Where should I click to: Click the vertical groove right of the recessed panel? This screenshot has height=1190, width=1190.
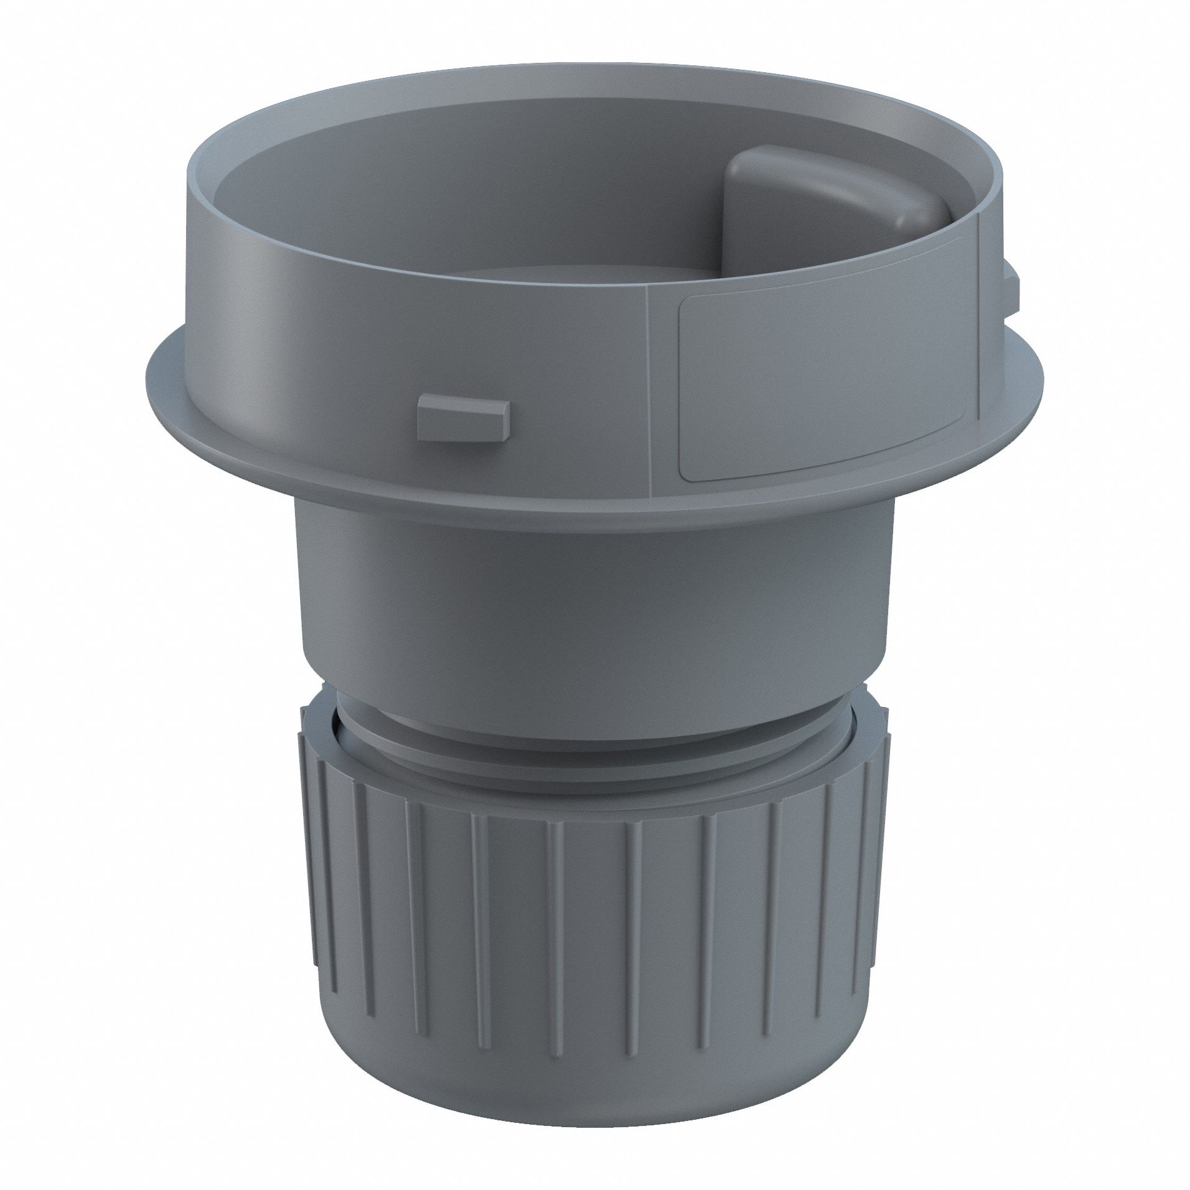[x=979, y=324]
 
